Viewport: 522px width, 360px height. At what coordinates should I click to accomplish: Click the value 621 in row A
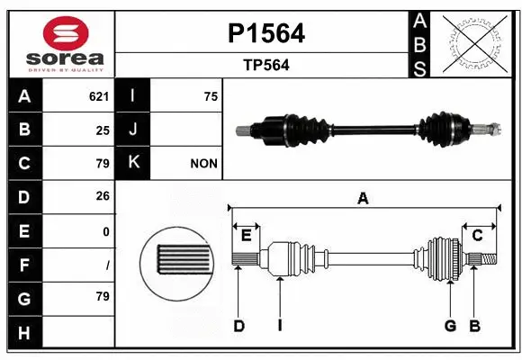click(99, 96)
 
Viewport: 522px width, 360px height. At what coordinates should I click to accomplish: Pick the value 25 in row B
click(103, 130)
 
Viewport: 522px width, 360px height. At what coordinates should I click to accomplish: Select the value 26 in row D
click(103, 197)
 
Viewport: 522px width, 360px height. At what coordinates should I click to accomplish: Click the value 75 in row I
click(211, 96)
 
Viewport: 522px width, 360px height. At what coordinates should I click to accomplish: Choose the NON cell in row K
click(202, 164)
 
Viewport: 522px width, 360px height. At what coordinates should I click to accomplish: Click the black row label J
click(134, 130)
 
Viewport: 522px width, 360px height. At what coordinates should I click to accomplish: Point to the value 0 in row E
click(106, 231)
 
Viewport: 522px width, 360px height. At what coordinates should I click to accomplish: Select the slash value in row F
click(107, 265)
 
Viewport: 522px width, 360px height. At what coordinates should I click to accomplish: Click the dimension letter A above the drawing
click(363, 199)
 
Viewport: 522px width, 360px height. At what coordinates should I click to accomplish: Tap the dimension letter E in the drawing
click(246, 237)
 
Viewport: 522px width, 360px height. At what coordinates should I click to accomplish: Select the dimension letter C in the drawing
click(478, 236)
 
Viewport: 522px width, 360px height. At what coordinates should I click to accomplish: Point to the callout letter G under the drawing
click(449, 326)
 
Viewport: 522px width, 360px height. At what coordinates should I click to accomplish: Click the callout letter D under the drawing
click(239, 326)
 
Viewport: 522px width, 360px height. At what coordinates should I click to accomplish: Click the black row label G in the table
click(24, 298)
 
